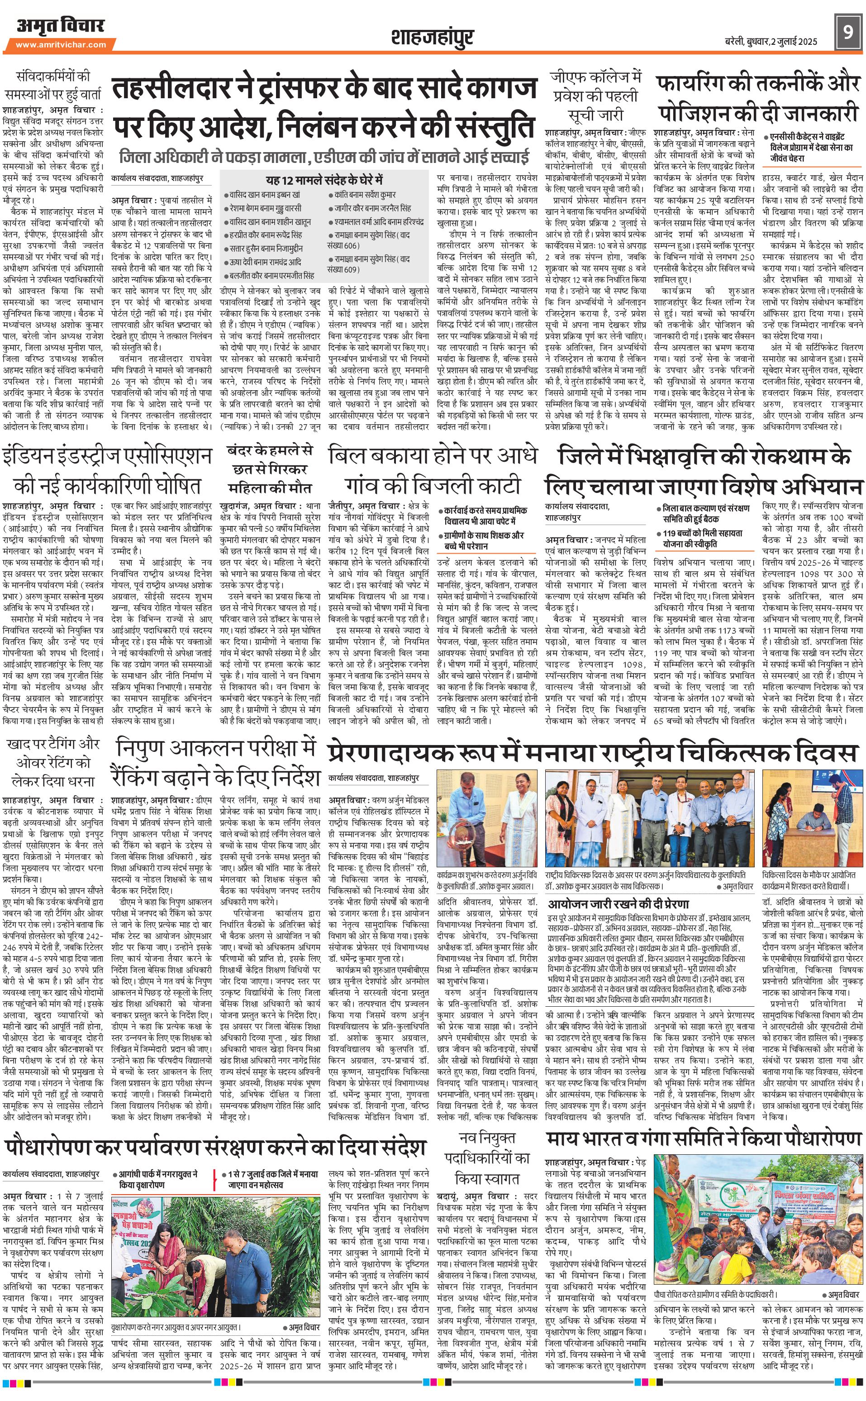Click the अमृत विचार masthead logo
[x=60, y=26]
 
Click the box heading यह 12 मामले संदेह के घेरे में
[x=324, y=179]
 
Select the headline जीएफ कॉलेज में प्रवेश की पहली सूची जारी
[x=596, y=95]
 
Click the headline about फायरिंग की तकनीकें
[x=758, y=97]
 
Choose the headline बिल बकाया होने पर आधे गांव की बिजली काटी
[x=433, y=471]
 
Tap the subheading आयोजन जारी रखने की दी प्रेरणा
[x=619, y=904]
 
